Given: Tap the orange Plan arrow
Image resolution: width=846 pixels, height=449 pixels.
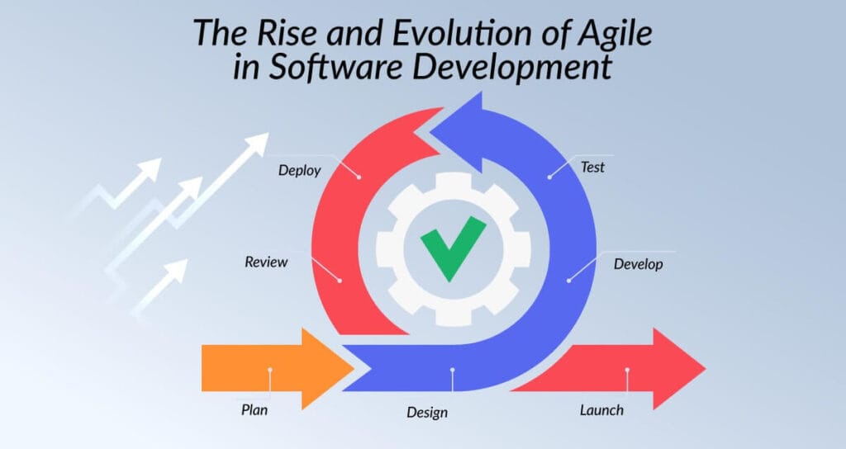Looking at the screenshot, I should pyautogui.click(x=273, y=368).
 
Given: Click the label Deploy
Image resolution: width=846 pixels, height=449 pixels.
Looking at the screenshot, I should pyautogui.click(x=299, y=171).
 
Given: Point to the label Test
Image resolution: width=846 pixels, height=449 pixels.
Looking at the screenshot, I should pyautogui.click(x=592, y=167).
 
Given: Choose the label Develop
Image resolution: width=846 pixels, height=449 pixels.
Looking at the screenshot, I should pyautogui.click(x=638, y=265).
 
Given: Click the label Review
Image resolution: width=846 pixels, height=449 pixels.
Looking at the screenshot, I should pyautogui.click(x=266, y=262).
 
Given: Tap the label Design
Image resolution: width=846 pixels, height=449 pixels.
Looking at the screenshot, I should pyautogui.click(x=427, y=412).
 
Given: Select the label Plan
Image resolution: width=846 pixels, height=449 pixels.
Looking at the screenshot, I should pyautogui.click(x=254, y=409).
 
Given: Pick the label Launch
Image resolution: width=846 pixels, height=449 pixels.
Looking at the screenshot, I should pyautogui.click(x=601, y=409).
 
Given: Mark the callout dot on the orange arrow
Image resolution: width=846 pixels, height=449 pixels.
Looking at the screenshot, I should pyautogui.click(x=269, y=370).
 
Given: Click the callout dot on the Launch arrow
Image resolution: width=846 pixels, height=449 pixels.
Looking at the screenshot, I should pyautogui.click(x=627, y=370).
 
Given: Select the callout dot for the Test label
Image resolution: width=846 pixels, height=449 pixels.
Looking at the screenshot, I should pyautogui.click(x=549, y=176).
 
